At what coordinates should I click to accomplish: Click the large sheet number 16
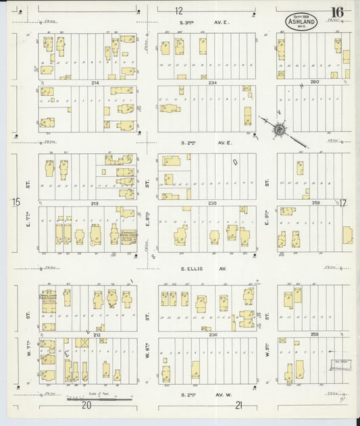click(x=336, y=12)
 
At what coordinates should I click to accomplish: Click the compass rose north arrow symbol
click(x=278, y=126)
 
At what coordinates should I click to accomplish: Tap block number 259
click(x=315, y=203)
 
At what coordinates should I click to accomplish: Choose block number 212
click(x=97, y=334)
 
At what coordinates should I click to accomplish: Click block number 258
click(x=313, y=334)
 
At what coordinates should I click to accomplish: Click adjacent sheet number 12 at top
click(x=178, y=11)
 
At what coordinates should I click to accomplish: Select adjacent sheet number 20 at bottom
click(x=86, y=405)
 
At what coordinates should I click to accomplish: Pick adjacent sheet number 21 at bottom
click(x=238, y=405)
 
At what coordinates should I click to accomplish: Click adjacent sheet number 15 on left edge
click(x=16, y=202)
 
